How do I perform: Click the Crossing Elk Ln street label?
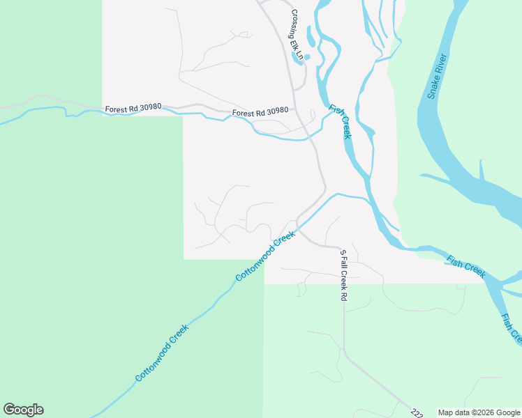[298, 34]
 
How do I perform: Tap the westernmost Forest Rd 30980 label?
[133, 109]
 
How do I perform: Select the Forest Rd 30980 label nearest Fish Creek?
[260, 111]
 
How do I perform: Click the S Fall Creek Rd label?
[343, 274]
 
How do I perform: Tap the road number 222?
[417, 413]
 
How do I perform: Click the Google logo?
[23, 410]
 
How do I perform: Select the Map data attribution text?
[479, 412]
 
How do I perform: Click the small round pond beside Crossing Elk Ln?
[307, 57]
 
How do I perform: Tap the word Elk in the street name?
[299, 40]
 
